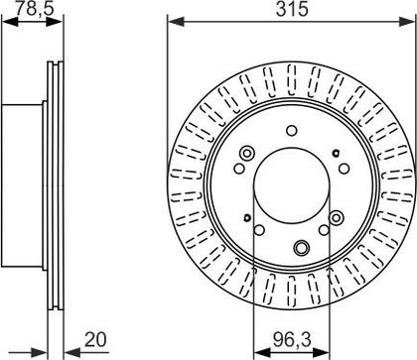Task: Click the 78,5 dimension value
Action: point(34,9)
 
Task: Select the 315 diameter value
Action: point(292,9)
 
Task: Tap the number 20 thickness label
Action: point(95,339)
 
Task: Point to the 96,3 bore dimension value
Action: point(292,340)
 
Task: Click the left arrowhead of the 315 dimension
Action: point(176,22)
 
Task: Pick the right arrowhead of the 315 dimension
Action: point(407,22)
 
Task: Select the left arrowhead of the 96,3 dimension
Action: point(261,352)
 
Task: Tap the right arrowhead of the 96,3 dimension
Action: point(322,352)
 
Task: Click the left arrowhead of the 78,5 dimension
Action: point(10,22)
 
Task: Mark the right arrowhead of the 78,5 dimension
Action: point(55,22)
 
